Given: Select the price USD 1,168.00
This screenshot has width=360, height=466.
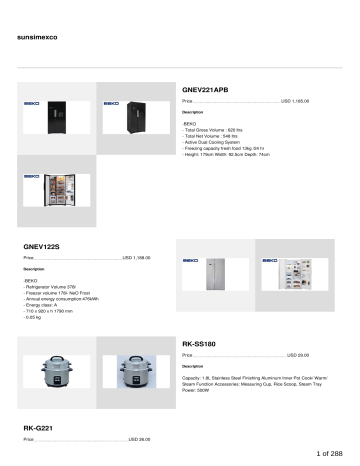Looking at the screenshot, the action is coord(136,258).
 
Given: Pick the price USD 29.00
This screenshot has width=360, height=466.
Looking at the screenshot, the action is coord(297,356).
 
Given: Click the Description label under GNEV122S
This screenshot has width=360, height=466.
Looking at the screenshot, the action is coord(34,270).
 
